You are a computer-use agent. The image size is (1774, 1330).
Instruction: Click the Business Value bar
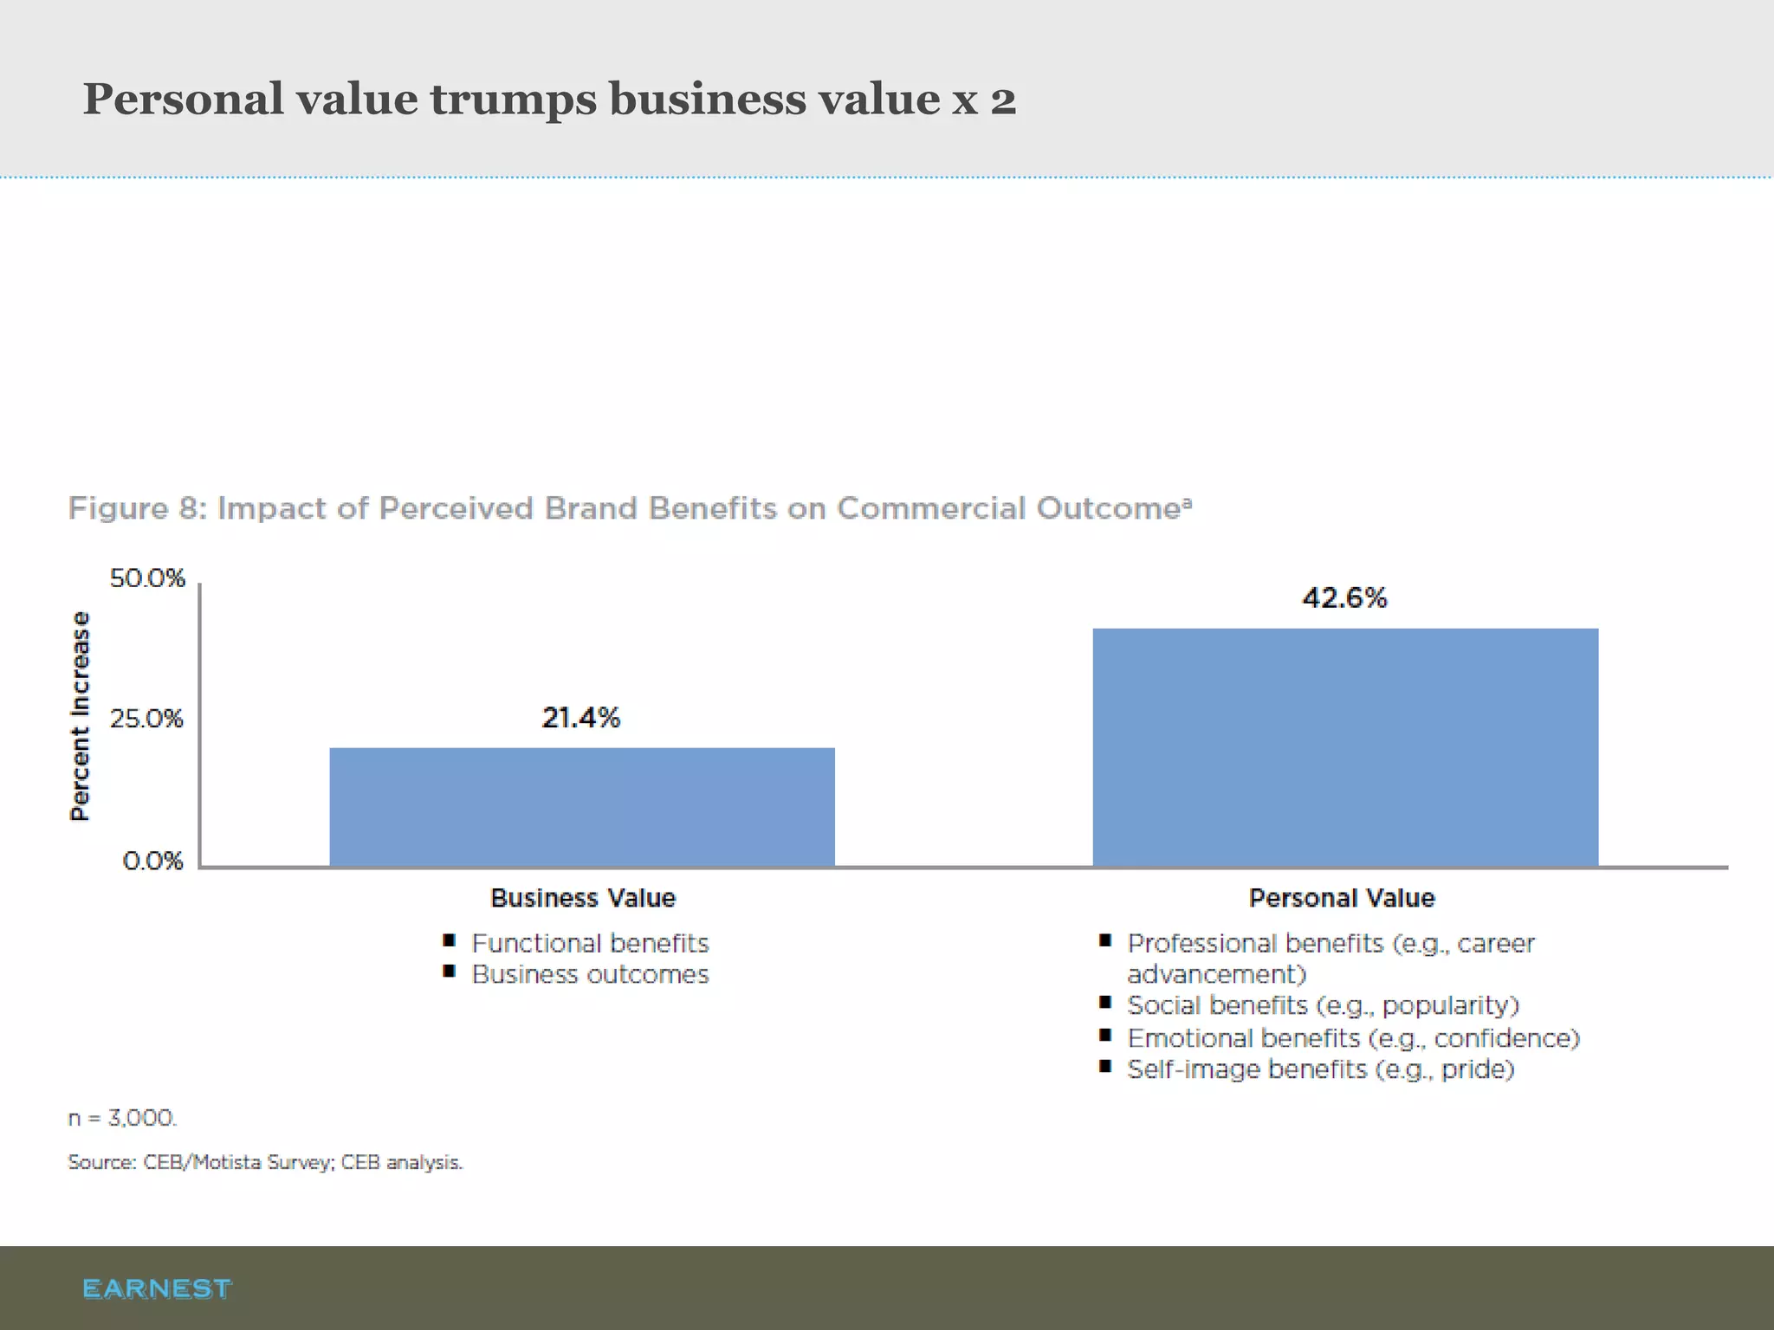582,806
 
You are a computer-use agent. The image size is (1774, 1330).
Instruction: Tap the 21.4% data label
580,718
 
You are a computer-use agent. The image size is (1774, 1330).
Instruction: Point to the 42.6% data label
1344,597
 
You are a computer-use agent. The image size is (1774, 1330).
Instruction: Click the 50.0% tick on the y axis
147,578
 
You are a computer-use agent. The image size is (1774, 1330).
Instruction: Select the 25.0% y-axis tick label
146,719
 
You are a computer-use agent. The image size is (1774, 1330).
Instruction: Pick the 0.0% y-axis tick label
152,861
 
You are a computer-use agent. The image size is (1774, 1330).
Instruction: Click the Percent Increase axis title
80,716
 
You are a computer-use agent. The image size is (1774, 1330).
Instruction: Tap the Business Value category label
583,898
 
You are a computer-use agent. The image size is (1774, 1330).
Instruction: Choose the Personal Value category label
1342,898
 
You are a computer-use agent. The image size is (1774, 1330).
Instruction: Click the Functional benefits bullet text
590,943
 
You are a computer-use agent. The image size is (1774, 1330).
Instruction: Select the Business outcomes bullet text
590,975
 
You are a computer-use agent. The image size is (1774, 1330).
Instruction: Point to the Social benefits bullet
1323,1005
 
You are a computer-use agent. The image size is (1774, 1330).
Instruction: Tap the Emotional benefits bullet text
1353,1037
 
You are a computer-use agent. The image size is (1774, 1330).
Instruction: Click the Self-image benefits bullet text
1320,1069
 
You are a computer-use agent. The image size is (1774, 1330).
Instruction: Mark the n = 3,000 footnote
122,1118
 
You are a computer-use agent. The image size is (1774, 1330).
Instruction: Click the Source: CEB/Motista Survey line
265,1162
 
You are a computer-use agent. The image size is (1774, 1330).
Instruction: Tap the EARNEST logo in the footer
157,1288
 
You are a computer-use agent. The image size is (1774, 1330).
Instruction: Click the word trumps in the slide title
513,99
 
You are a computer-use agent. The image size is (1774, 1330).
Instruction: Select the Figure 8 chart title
630,508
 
